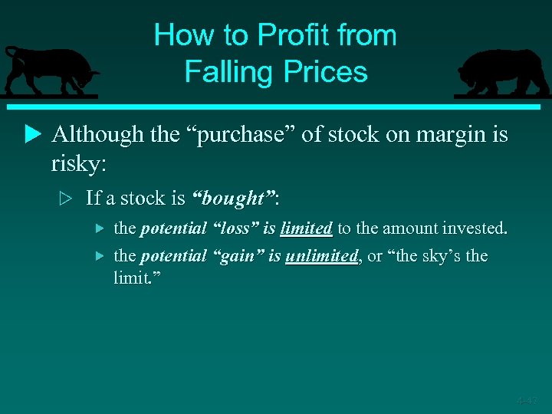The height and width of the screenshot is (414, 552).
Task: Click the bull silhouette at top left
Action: (50, 71)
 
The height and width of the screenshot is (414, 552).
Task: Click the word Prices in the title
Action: (326, 72)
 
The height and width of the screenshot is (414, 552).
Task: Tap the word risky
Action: (77, 163)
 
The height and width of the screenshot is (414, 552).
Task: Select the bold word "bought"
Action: (235, 198)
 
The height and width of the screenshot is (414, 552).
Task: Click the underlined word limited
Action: (306, 228)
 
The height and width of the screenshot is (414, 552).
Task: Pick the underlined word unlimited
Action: (321, 255)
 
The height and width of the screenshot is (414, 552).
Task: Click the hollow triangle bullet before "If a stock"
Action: (67, 199)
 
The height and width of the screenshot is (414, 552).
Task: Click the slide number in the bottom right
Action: (527, 399)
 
